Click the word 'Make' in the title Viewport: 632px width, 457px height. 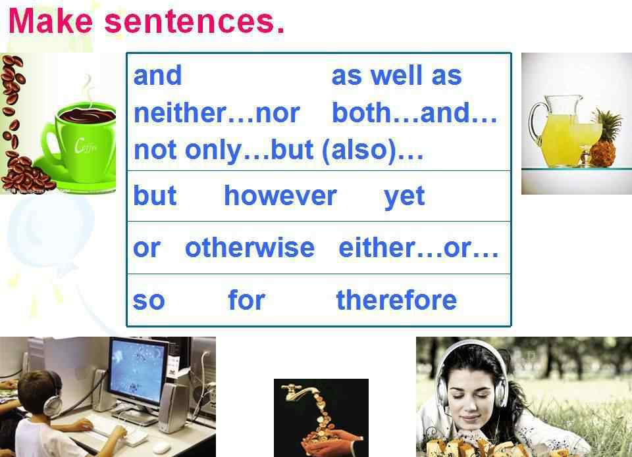[51, 21]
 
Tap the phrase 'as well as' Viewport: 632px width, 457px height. [396, 76]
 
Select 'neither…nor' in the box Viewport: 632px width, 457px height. [217, 113]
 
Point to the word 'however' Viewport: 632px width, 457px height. [280, 196]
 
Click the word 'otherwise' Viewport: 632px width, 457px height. [250, 248]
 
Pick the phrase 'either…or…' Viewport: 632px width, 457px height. [419, 248]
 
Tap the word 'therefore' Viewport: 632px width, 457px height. [396, 300]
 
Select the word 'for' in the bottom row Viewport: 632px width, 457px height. [246, 300]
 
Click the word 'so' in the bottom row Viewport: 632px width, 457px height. [149, 301]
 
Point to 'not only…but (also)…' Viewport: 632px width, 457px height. [278, 151]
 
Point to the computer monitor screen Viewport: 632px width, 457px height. [137, 370]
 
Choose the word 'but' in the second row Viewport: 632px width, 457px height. [155, 196]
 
